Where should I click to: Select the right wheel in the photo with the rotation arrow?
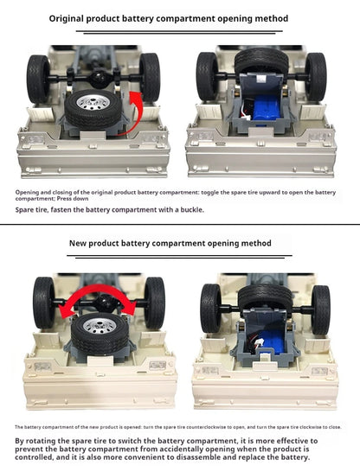(x=154, y=302)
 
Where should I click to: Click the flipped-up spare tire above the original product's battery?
(x=260, y=61)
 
